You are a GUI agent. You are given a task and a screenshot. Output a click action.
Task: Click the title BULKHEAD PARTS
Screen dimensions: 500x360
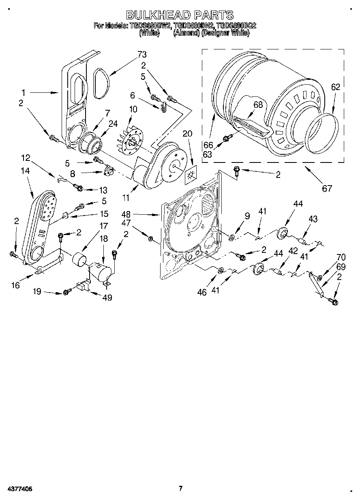pos(180,15)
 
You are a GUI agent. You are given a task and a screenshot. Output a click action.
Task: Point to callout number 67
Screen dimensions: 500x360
pos(327,188)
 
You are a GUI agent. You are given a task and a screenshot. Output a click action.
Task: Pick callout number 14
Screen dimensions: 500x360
pos(25,171)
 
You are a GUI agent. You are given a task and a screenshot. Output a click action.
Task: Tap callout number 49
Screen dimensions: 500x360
pos(107,298)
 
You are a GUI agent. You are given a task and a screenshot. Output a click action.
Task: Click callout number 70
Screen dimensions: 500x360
pos(341,256)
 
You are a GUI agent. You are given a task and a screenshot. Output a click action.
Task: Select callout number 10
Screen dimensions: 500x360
pos(133,109)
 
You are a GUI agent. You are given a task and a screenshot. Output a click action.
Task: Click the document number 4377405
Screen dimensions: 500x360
pos(19,489)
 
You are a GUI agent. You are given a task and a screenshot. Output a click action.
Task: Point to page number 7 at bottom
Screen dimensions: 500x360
pos(181,488)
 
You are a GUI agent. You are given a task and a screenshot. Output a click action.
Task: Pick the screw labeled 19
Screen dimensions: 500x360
pos(66,292)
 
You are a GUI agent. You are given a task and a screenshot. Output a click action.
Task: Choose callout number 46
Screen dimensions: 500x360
pos(201,292)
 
